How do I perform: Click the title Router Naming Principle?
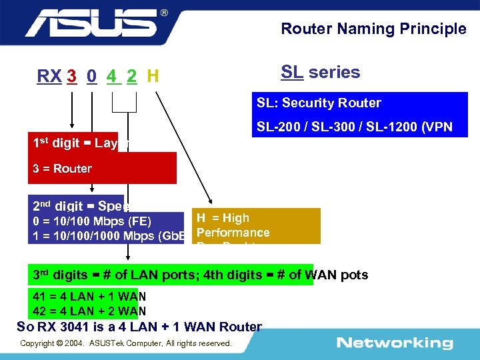373,29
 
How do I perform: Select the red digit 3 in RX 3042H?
71,77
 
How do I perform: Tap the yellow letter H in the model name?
153,77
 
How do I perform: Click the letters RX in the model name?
49,77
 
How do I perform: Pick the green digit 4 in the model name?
111,77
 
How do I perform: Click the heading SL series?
320,72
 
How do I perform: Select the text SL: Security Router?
319,103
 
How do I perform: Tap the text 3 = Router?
62,169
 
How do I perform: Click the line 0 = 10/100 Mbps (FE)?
92,221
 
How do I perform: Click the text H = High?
223,218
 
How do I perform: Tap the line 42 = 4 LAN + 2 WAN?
89,311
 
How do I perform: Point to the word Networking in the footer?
394,343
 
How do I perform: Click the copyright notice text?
126,343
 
